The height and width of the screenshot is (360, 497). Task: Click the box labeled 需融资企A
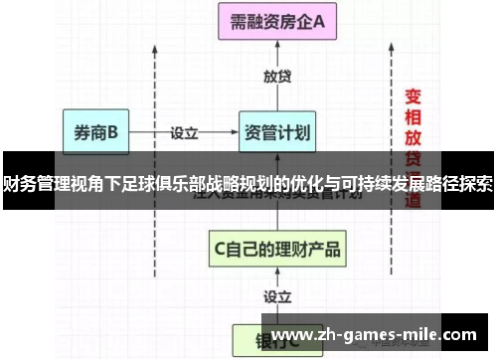[x=277, y=23]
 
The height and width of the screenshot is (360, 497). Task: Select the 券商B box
[x=95, y=130]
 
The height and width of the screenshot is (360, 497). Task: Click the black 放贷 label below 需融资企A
[x=277, y=76]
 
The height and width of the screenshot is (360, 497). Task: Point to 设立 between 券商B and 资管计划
[x=184, y=130]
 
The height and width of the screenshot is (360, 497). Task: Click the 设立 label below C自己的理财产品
[x=277, y=295]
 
